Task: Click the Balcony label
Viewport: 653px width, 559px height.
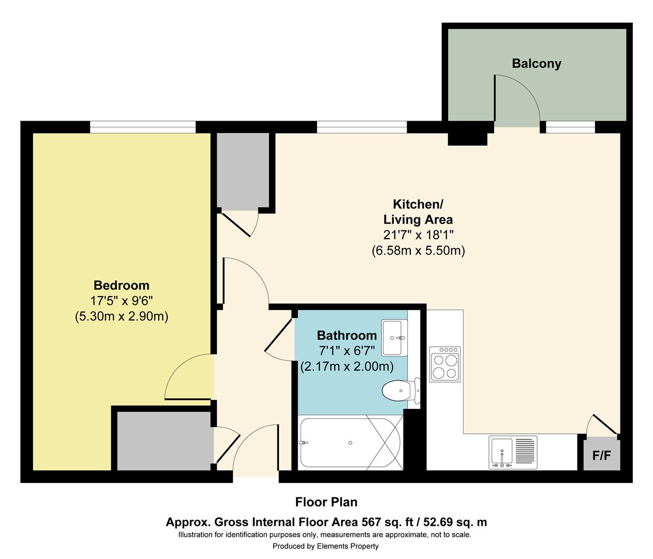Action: point(537,64)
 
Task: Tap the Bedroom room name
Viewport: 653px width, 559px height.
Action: point(121,285)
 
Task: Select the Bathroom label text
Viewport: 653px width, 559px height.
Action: point(347,335)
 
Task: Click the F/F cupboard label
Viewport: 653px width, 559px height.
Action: point(601,455)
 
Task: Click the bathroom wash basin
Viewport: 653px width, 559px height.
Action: point(394,338)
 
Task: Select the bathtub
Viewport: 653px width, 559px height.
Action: point(350,443)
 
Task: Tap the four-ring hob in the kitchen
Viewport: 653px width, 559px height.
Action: point(445,364)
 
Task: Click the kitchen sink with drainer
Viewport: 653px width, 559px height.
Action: point(513,452)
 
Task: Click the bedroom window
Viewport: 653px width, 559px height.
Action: point(143,127)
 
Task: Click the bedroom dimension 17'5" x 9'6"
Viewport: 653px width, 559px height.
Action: point(121,301)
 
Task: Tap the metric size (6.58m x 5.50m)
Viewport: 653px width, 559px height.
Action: point(418,251)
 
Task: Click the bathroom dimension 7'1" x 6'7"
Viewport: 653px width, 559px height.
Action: point(347,351)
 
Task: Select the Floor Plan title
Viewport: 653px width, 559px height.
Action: point(326,502)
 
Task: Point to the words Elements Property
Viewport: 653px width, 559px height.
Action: point(348,546)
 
